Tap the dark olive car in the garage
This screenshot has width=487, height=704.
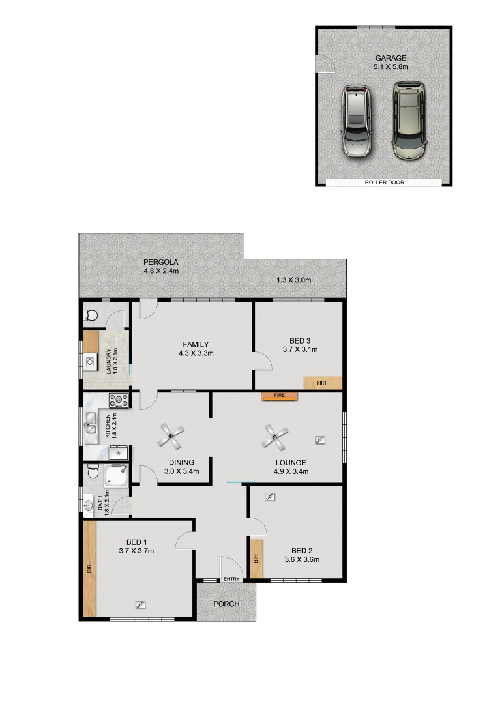click(408, 121)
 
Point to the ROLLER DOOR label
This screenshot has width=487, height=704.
click(384, 183)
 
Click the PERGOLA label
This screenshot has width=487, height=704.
click(161, 262)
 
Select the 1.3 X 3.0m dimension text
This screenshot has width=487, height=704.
click(293, 280)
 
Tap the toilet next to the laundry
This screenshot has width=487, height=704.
click(91, 316)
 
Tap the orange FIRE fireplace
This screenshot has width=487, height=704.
click(279, 395)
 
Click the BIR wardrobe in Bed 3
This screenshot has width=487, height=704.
click(322, 383)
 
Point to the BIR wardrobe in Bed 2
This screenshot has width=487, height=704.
click(256, 559)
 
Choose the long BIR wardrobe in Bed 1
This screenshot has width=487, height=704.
click(89, 568)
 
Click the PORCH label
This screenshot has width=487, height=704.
click(226, 604)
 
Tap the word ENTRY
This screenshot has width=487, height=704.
click(231, 579)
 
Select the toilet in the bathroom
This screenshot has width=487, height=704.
click(91, 471)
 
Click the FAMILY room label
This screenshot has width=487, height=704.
click(196, 344)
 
